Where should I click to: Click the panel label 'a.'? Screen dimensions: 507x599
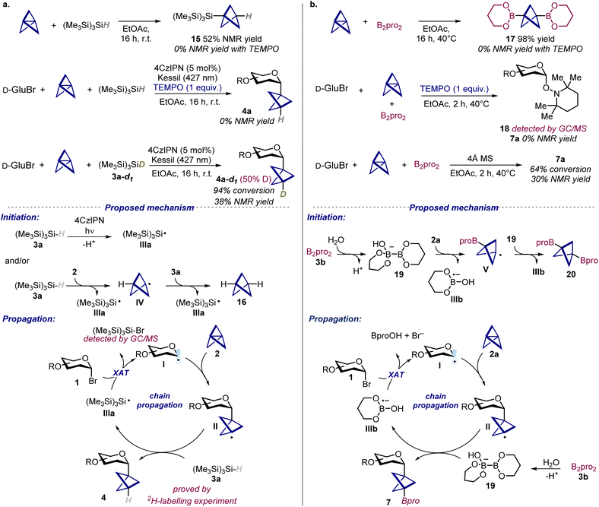coord(7,5)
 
